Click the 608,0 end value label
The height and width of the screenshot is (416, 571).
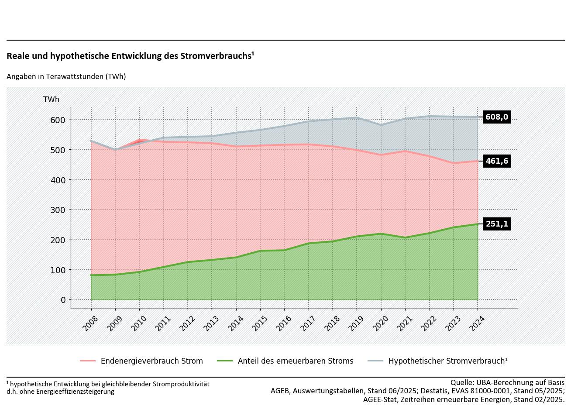pyautogui.click(x=497, y=117)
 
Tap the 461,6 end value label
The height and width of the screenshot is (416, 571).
pyautogui.click(x=497, y=161)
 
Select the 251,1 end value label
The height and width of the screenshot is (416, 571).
pyautogui.click(x=497, y=224)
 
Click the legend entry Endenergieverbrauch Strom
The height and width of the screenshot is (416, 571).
pyautogui.click(x=151, y=361)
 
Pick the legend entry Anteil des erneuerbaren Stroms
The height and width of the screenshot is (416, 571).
pyautogui.click(x=295, y=361)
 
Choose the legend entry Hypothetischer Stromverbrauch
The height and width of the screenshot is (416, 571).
pyautogui.click(x=447, y=361)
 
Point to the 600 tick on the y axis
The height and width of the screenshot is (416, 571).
pyautogui.click(x=58, y=120)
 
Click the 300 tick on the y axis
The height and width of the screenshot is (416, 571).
pyautogui.click(x=58, y=210)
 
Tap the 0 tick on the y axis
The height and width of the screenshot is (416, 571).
pyautogui.click(x=63, y=300)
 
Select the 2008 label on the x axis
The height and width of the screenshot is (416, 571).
pyautogui.click(x=90, y=323)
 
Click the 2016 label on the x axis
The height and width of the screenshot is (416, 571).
pyautogui.click(x=284, y=323)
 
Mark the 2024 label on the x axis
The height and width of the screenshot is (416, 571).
pyautogui.click(x=477, y=323)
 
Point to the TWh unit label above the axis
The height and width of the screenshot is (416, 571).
pyautogui.click(x=51, y=100)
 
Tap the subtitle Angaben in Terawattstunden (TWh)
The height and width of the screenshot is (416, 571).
pyautogui.click(x=66, y=76)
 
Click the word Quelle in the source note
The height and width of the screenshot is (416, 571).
pyautogui.click(x=461, y=382)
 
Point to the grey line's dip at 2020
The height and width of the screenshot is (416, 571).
pyautogui.click(x=381, y=125)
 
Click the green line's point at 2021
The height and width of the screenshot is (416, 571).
pyautogui.click(x=405, y=237)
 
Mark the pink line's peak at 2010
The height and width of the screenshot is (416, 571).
pyautogui.click(x=140, y=140)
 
